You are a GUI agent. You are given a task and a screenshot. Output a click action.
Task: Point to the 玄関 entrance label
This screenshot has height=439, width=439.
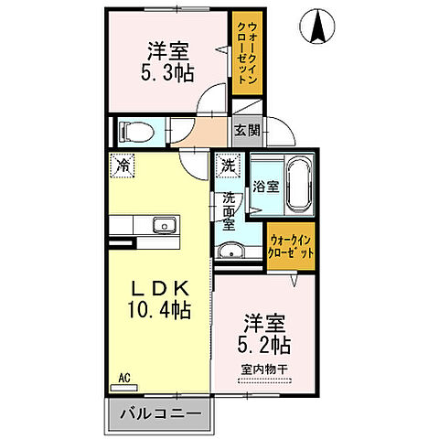tap(246, 130)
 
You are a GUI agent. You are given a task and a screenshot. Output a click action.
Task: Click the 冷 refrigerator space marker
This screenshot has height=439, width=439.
tap(122, 166)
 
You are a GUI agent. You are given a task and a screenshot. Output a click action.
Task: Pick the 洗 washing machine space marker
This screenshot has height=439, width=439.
tap(226, 167)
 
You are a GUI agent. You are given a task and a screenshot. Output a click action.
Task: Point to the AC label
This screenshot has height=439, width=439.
tap(123, 375)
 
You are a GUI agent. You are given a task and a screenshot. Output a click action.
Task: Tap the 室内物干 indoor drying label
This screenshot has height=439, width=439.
tap(265, 369)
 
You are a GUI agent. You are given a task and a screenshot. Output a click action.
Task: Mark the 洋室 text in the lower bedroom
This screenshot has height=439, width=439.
tap(263, 323)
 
